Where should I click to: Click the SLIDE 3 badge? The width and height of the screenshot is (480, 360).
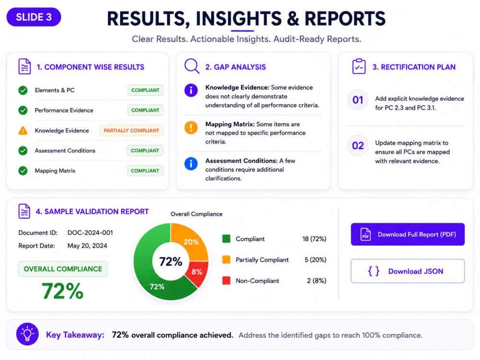click(34, 17)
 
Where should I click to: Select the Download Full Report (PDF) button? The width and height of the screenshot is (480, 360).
click(408, 234)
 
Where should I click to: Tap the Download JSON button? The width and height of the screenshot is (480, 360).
click(408, 271)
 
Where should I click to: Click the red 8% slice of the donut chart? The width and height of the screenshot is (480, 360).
click(198, 273)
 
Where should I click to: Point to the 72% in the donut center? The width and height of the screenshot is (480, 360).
click(170, 262)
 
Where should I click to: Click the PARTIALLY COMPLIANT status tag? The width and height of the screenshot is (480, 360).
click(132, 131)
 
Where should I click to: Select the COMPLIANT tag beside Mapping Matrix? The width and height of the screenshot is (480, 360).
click(145, 171)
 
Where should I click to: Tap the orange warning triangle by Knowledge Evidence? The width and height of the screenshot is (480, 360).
click(23, 131)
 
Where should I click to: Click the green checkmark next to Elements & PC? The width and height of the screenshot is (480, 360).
click(23, 90)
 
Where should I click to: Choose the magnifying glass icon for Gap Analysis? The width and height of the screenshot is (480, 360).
click(192, 66)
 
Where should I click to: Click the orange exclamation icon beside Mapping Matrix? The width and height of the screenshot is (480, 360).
click(191, 127)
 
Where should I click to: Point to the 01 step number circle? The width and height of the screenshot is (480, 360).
click(358, 100)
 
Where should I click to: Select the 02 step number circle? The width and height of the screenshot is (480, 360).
click(358, 145)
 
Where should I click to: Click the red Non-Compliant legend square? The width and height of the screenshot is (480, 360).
click(226, 280)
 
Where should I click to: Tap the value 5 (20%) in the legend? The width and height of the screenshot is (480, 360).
click(315, 260)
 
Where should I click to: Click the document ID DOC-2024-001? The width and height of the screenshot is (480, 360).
click(90, 233)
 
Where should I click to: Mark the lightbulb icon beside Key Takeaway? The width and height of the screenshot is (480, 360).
click(27, 334)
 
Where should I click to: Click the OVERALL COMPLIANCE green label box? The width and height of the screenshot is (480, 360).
click(63, 269)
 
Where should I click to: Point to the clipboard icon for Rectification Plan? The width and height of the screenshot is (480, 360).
click(359, 66)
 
